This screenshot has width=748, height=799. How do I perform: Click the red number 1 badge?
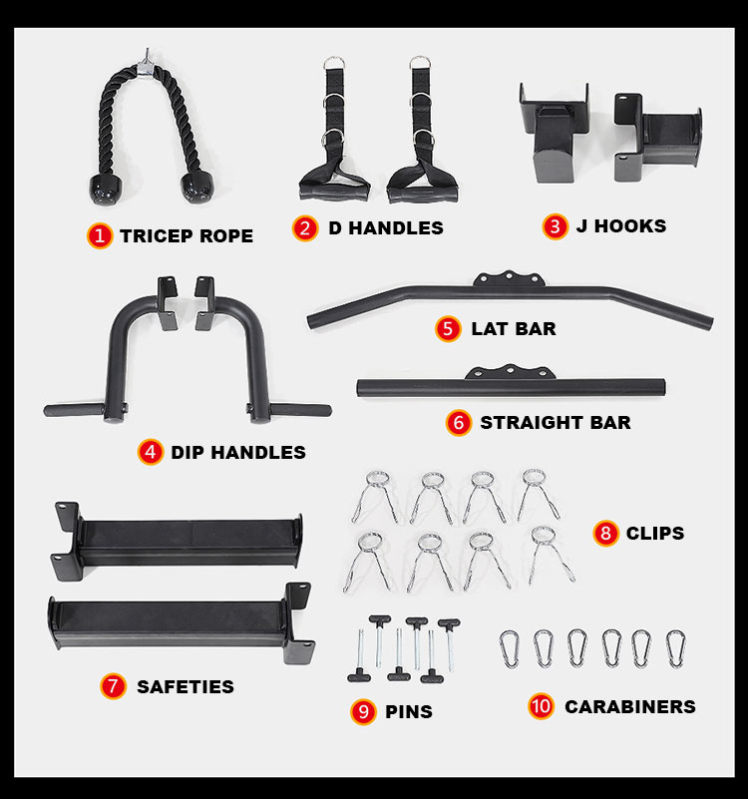pos(100,236)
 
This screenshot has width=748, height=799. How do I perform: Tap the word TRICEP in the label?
pos(157,236)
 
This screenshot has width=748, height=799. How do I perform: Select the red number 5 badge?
pos(448,328)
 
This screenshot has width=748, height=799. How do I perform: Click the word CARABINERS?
pos(629,707)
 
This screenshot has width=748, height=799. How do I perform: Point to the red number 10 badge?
pos(541,706)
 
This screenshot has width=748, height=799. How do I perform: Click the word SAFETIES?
pos(186,686)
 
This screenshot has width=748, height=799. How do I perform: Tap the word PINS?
pos(409,711)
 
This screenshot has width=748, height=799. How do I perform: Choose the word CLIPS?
pos(655,533)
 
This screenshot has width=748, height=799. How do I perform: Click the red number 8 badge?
pos(605,533)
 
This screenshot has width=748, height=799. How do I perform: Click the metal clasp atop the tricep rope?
pos(147,65)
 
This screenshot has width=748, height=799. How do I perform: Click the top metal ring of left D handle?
pos(333,63)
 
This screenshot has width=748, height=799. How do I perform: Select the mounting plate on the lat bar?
pos(509,278)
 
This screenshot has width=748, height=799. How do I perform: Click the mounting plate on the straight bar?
pos(510,371)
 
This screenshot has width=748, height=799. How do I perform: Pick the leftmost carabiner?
pos(509,649)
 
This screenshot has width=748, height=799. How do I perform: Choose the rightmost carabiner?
pos(675,648)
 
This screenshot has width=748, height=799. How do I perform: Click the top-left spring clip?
pos(376,497)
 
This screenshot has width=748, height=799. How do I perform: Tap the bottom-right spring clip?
pos(550,555)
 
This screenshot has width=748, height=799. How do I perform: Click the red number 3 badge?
pos(555,226)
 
